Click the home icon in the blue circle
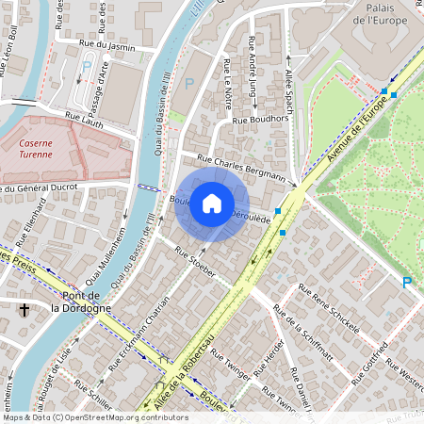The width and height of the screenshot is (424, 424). tap(212, 204)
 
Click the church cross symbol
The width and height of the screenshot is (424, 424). tap(24, 309)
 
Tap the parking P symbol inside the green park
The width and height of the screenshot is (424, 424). tap(407, 282)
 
